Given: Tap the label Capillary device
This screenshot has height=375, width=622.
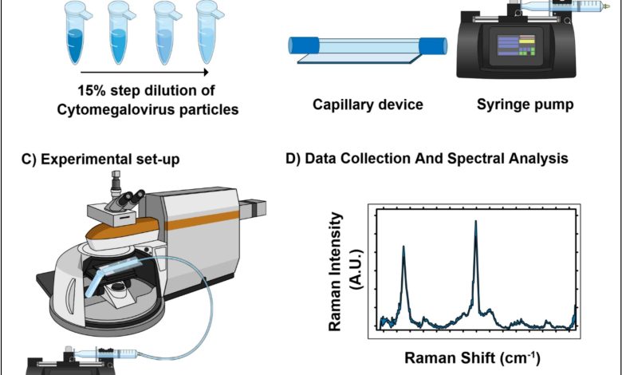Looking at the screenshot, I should pyautogui.click(x=356, y=105).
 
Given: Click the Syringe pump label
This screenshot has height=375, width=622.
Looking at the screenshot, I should pyautogui.click(x=525, y=105).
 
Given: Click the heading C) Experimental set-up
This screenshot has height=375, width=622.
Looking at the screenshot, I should pyautogui.click(x=100, y=159).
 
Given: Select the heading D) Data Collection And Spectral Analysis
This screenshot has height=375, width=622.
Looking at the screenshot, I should pyautogui.click(x=427, y=159).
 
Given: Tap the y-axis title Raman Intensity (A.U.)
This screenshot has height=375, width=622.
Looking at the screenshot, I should pyautogui.click(x=344, y=271).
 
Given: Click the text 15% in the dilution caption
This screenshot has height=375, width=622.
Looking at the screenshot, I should pyautogui.click(x=90, y=92).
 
